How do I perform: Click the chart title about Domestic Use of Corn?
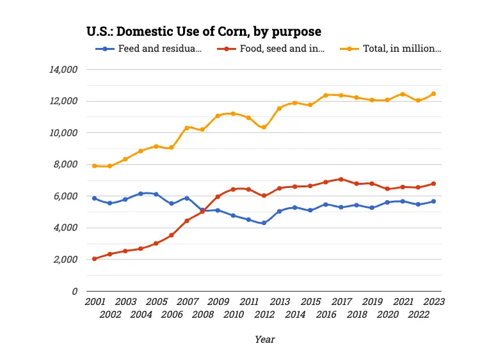coord(204,31)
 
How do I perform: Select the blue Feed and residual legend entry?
coord(154,49)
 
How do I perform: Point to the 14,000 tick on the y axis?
coord(64,69)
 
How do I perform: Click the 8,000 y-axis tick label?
coord(67,164)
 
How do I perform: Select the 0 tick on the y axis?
coord(75,291)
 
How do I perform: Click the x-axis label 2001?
coord(95,301)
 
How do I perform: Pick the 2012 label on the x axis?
coord(264,314)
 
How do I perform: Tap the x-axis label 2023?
coord(433,301)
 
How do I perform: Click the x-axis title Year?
coord(264,340)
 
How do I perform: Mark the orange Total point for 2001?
coord(95,166)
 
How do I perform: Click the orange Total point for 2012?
coord(264,127)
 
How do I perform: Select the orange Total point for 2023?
coord(433,94)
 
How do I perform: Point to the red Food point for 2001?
coord(95,259)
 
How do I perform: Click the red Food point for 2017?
coord(341,179)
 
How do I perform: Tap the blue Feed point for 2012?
coord(264,223)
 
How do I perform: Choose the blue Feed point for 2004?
coord(141,194)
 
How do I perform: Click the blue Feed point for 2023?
coord(433,201)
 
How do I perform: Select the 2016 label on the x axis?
coord(326,314)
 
